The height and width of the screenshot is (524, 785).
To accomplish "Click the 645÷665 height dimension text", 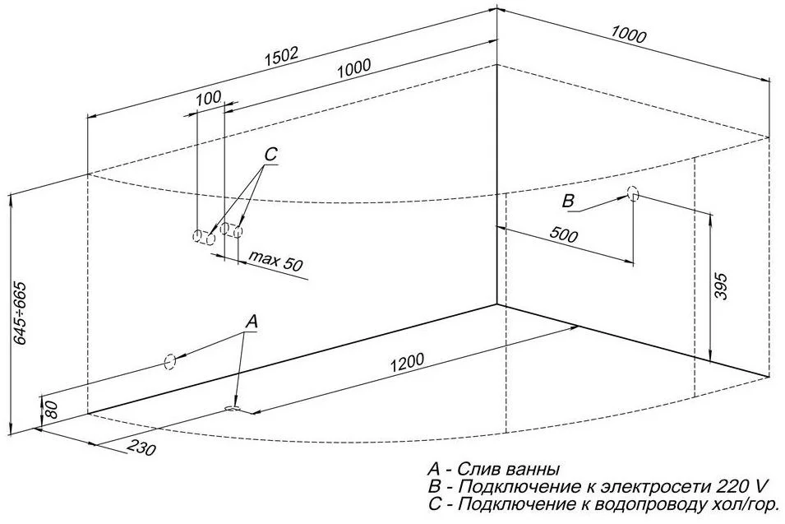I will [21, 312].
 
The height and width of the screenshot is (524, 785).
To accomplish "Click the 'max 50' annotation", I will [276, 264].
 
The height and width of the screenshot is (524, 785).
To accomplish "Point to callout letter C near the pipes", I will [271, 154].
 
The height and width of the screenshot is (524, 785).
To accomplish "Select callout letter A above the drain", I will [252, 320].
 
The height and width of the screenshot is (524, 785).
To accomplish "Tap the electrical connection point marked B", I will [632, 194].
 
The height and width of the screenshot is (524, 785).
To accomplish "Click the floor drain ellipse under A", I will [233, 407].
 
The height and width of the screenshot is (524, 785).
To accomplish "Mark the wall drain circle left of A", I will [169, 361].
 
